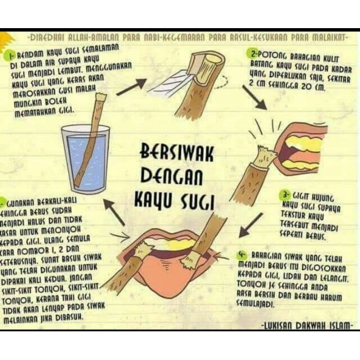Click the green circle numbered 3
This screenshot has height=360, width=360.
(x=285, y=195)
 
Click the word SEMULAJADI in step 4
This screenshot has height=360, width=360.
(x=259, y=304)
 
